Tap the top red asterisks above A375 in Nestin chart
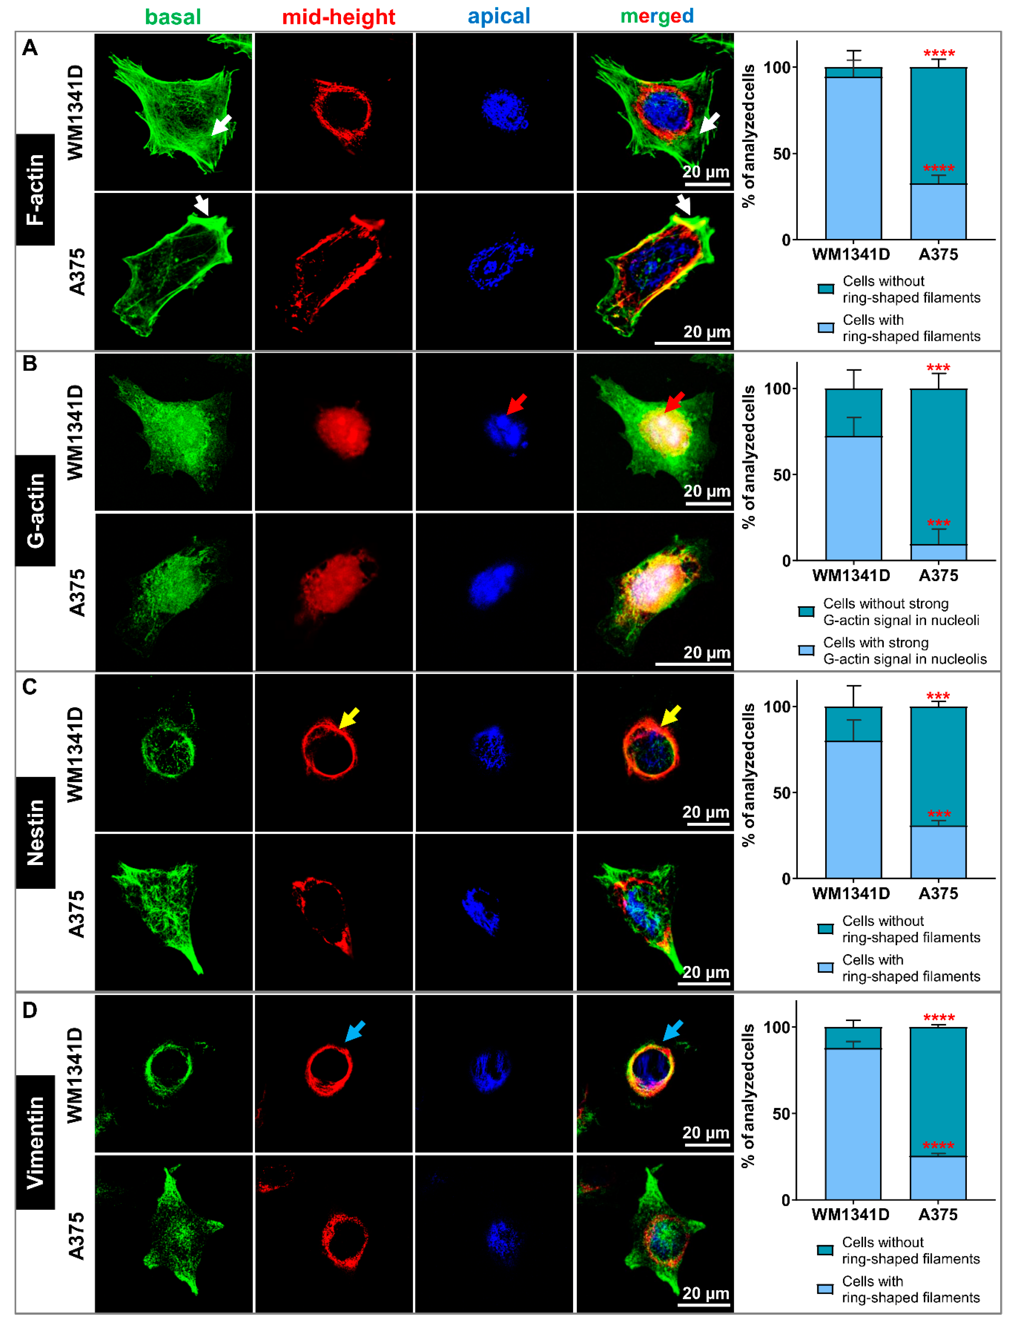click(x=938, y=696)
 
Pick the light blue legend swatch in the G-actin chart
click(x=806, y=650)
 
